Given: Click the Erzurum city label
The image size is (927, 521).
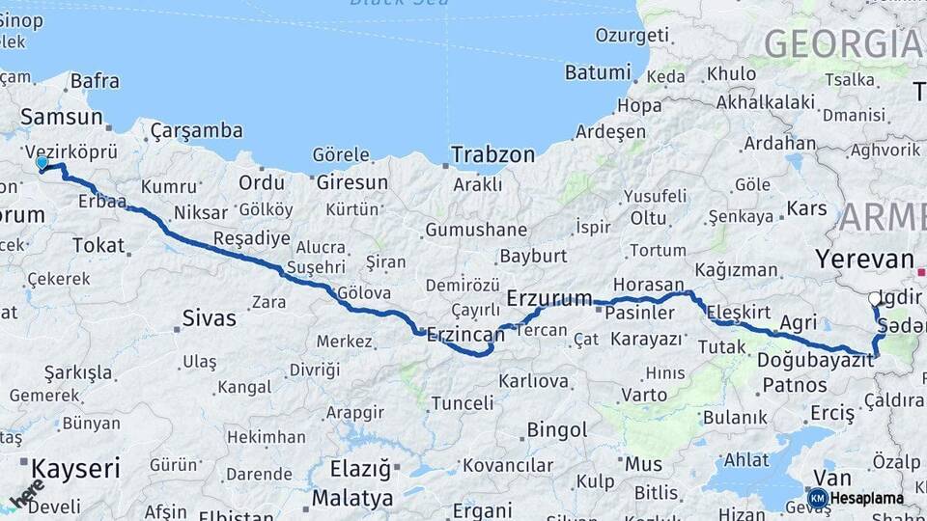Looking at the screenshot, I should coord(548,297).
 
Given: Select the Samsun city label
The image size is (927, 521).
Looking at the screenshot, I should coord(62,117).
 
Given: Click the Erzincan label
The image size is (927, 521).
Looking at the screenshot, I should coord(466,335).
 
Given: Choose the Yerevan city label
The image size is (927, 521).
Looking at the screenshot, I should coord(864,260).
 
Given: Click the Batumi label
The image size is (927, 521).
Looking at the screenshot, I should coord(597,72).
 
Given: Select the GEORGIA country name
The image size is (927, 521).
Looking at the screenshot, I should coord(842,43).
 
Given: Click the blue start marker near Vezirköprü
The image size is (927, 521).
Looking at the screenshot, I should coord(42,164).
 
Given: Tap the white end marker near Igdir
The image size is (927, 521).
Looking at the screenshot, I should coord(875,299).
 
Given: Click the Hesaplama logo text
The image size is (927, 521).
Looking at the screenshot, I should coord(866,499).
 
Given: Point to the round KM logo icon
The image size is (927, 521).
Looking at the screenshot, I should coord(817,498).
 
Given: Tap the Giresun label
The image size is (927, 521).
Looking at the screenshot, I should coord(352,182).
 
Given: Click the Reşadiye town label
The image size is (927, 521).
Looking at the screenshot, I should coord(251,238).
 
